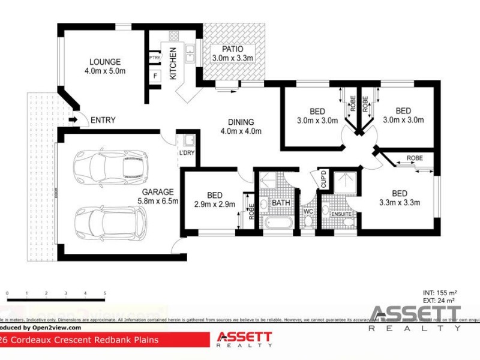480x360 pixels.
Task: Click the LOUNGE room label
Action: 106,66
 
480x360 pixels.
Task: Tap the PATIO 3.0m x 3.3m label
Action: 232,53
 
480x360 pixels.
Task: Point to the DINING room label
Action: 241,126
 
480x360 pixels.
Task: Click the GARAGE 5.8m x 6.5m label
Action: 158,197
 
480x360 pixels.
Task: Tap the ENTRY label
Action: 103,121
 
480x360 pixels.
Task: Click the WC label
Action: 308,211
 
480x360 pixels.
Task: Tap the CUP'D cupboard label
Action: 323,180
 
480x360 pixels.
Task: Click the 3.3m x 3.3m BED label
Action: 400,197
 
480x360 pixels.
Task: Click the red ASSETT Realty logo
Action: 244,339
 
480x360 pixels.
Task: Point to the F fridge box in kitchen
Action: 155,76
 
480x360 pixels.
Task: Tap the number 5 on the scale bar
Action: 105,293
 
